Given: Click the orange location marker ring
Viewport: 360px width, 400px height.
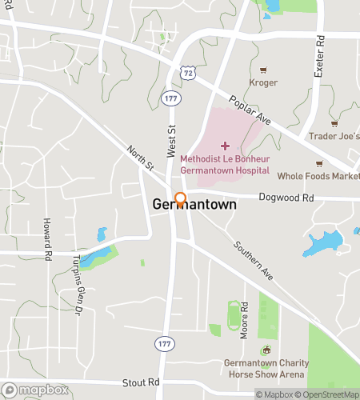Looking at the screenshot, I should [180, 199].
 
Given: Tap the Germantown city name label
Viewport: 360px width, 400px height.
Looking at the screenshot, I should [195, 205].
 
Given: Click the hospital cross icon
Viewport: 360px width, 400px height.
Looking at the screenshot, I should [224, 146].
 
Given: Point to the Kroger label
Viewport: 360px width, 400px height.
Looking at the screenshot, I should [263, 82].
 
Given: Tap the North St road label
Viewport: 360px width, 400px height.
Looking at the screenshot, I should [140, 158].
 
